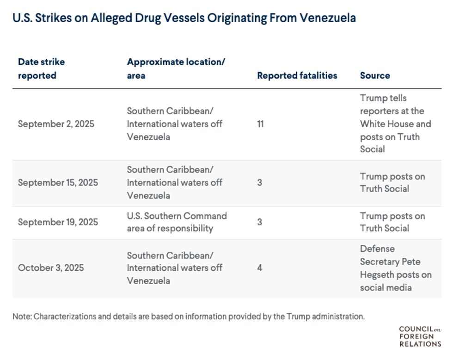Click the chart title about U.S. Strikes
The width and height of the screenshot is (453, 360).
[184, 18]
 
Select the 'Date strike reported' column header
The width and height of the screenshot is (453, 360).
[41, 68]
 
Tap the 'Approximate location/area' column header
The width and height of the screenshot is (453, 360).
[176, 68]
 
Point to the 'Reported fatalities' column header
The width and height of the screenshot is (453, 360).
[297, 75]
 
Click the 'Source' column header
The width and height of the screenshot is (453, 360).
[375, 75]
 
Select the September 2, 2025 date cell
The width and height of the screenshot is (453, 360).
[56, 124]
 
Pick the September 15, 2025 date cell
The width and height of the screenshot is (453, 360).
[58, 182]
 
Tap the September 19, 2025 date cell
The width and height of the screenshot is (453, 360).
[58, 222]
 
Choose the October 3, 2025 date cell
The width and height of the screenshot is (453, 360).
[51, 268]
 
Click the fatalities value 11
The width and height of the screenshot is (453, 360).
[260, 124]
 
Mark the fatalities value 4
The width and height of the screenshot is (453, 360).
[260, 268]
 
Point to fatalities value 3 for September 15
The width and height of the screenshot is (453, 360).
[260, 182]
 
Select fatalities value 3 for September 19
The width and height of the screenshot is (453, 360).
[260, 222]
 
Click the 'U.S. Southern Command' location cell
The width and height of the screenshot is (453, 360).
[177, 222]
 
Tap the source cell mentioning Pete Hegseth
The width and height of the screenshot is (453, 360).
[395, 268]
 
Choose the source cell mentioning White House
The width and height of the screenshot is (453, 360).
[395, 124]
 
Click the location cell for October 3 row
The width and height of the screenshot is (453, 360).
[174, 268]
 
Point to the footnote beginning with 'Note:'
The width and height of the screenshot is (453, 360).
[189, 317]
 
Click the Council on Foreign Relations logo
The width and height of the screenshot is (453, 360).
[420, 336]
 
